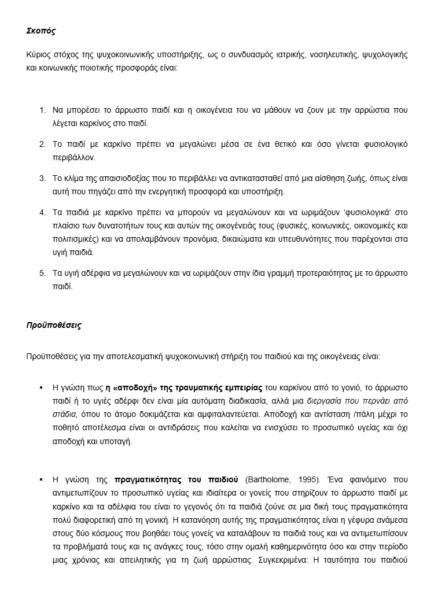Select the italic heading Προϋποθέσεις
pos(53,325)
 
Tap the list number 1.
pos(42,110)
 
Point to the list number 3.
pos(42,178)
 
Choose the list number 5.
pos(42,273)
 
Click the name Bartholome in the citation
pos(268,479)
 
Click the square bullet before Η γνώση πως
pos(41,387)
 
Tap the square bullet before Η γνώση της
pos(41,479)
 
